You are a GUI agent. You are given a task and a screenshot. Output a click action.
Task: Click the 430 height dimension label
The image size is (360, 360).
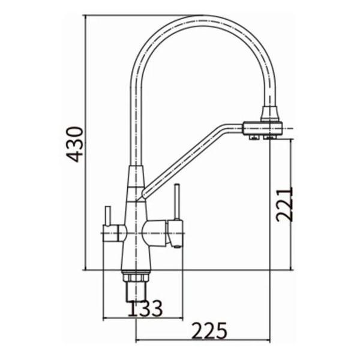pos(74,144)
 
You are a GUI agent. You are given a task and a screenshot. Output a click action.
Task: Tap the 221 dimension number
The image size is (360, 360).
pos(284,205)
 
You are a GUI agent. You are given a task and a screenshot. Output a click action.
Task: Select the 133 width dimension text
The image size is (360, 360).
pos(145,308)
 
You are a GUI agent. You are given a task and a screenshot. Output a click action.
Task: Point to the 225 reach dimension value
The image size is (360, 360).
pos(209,331)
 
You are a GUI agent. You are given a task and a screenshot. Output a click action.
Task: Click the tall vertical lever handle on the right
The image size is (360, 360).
pos(176,202)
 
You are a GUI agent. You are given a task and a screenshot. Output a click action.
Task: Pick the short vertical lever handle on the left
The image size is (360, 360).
pos(108,216)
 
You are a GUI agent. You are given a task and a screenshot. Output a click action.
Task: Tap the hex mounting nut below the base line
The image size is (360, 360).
pos(136,276)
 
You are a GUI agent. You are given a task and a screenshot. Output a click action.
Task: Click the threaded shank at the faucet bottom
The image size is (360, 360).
pos(136,291)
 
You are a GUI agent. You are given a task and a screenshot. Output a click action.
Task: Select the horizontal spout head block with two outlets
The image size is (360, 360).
pos(262,128)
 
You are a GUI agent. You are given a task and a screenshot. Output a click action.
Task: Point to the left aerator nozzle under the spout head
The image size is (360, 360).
pos(253,137)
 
